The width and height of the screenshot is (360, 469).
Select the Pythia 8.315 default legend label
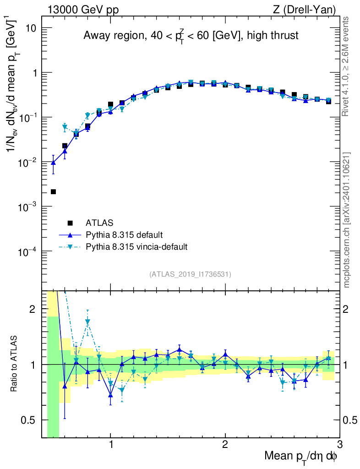point(124,235)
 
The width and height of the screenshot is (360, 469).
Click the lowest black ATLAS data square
point(53,191)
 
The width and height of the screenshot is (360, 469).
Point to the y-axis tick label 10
point(30,28)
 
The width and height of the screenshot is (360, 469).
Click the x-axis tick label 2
point(225,444)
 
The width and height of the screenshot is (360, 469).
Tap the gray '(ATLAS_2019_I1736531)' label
point(190,274)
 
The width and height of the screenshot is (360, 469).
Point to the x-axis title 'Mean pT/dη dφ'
point(300,456)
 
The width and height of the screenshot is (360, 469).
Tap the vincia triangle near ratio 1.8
point(87,322)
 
